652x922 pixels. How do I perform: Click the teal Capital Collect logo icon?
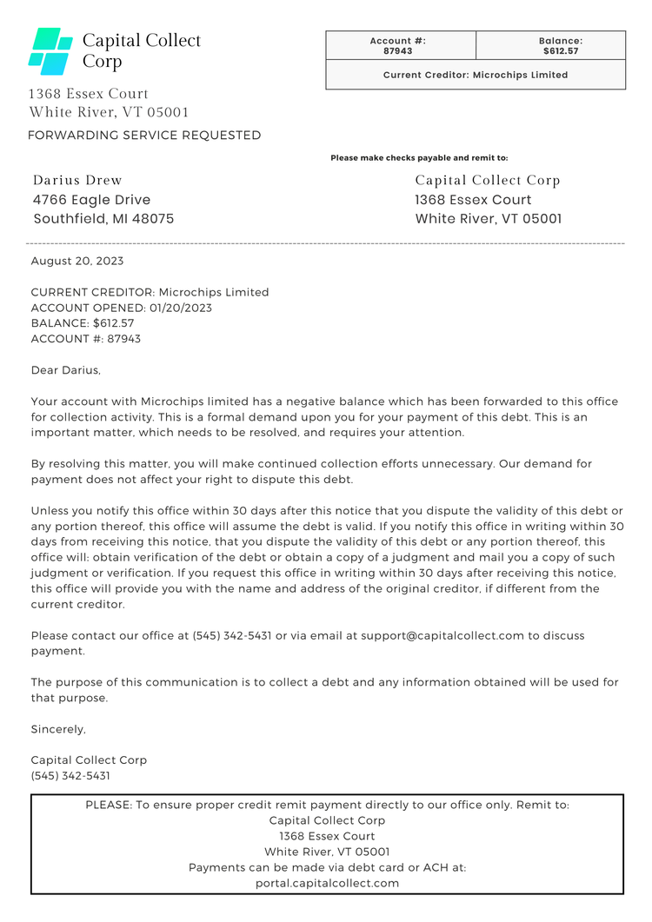(x=50, y=51)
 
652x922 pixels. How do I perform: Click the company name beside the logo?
(x=141, y=50)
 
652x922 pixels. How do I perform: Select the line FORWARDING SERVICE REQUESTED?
(x=144, y=136)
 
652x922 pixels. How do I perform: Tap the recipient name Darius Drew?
(x=77, y=181)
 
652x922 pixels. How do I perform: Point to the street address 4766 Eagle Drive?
(x=91, y=200)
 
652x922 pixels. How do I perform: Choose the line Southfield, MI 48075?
(x=103, y=219)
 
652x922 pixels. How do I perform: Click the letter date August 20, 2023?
(x=77, y=261)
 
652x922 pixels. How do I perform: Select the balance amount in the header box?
(x=561, y=51)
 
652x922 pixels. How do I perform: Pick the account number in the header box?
(x=398, y=51)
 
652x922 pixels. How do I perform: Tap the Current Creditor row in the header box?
(x=476, y=75)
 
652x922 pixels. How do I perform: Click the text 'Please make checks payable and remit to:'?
(x=419, y=158)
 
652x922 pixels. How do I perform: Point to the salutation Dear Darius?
(x=66, y=370)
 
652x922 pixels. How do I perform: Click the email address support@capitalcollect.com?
(x=442, y=635)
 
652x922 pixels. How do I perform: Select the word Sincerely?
(x=58, y=729)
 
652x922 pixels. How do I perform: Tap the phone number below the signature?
(x=70, y=776)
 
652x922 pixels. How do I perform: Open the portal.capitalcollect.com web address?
(x=327, y=883)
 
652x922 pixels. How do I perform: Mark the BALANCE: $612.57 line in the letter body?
(x=83, y=323)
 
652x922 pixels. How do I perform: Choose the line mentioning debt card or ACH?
(x=327, y=867)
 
